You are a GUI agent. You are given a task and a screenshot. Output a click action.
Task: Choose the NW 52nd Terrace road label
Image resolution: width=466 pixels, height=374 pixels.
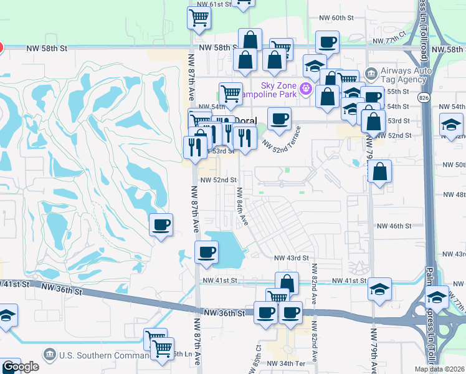click(282, 139)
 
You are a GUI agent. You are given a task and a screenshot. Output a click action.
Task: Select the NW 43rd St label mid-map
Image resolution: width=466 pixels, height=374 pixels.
click(292, 257)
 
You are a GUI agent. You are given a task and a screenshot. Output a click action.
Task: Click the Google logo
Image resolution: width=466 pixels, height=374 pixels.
click(21, 367)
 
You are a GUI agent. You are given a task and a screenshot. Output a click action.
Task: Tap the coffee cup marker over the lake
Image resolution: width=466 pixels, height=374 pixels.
click(206, 252)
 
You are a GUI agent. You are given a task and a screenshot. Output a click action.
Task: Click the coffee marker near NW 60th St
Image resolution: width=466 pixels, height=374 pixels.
click(326, 42)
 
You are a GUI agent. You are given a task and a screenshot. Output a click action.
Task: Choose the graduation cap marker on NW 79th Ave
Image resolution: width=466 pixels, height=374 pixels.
click(379, 289)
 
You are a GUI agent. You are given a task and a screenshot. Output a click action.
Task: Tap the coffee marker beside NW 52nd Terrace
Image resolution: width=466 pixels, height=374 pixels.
click(279, 118)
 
